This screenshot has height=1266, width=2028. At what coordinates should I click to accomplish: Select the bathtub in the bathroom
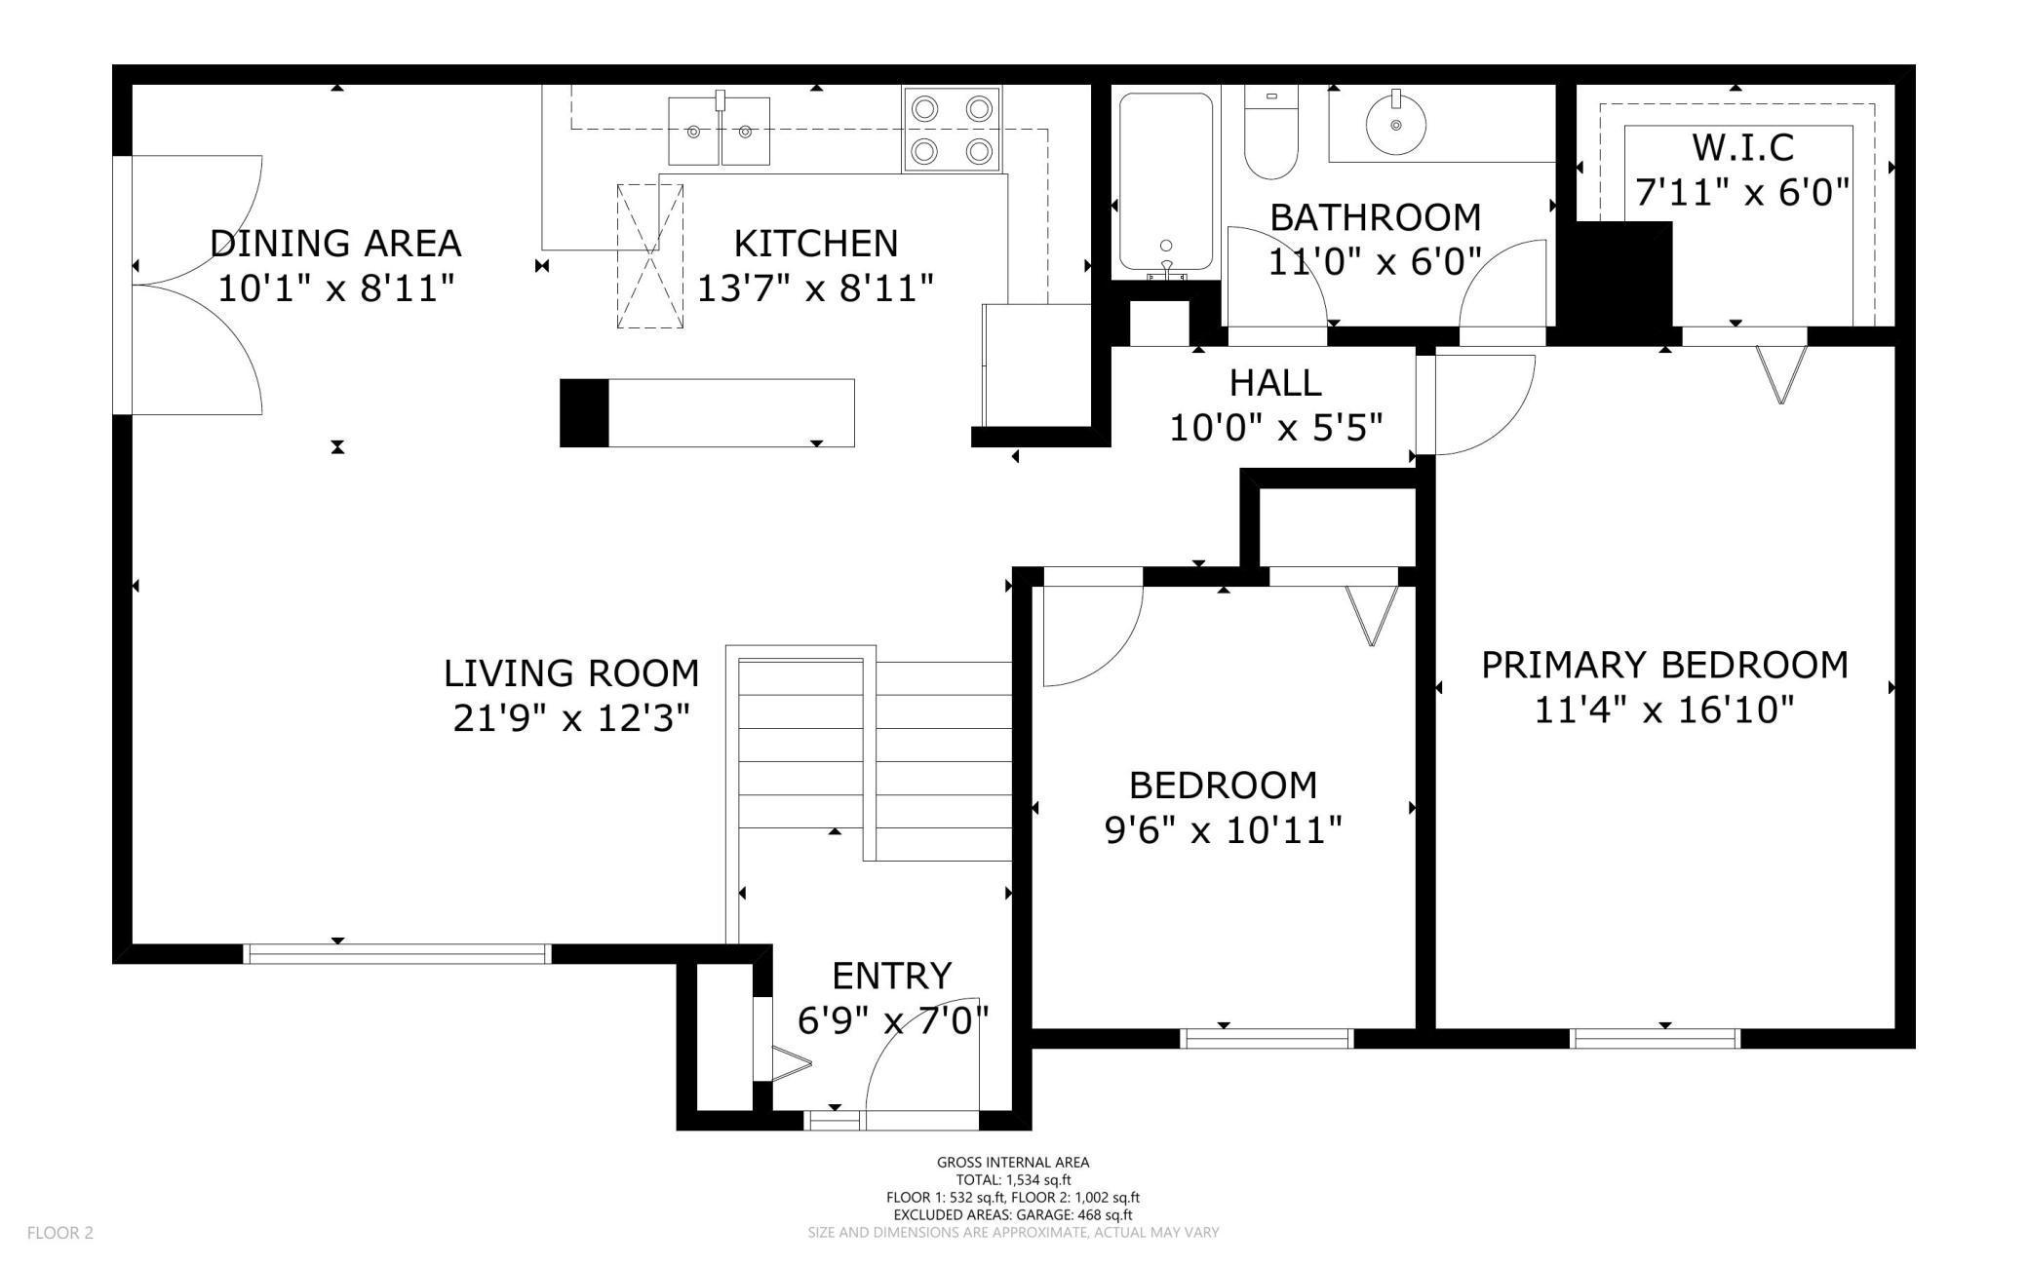1166,181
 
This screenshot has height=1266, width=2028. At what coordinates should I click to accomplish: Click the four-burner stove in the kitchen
952,130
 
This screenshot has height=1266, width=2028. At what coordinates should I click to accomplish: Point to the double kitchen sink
719,131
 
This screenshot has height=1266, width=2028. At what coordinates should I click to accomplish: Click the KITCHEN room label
815,243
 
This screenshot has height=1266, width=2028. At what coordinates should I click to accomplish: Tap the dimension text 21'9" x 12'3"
571,718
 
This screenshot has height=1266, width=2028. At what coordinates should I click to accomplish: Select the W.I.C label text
1742,147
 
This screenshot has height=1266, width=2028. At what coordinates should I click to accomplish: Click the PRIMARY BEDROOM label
1664,665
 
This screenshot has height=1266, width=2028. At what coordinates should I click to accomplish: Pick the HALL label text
1275,383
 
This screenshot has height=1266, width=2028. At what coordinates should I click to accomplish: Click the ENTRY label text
891,976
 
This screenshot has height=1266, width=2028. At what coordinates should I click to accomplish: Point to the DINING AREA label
335,243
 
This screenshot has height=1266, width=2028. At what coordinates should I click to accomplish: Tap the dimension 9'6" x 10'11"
1223,830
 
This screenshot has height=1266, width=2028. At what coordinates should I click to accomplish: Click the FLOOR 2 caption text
60,1233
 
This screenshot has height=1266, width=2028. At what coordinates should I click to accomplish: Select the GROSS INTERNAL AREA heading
1013,1162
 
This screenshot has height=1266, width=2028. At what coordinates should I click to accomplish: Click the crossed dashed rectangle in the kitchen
650,256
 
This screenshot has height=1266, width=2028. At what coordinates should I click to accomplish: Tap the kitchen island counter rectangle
707,413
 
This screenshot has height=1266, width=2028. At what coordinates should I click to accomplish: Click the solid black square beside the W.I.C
1619,281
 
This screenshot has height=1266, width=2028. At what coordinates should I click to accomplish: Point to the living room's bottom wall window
397,954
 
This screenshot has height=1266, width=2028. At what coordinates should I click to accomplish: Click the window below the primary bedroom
1655,1039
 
